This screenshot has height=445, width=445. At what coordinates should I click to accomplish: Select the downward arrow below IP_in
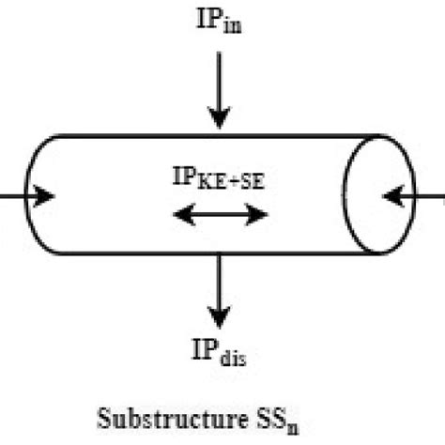click(x=219, y=89)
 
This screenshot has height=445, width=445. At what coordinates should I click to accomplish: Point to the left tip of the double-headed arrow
click(x=176, y=216)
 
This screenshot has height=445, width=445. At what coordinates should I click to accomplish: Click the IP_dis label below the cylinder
click(x=217, y=355)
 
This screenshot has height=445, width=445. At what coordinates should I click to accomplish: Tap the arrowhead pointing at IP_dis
click(x=219, y=317)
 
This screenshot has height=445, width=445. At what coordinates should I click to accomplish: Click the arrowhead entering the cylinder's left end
click(x=44, y=196)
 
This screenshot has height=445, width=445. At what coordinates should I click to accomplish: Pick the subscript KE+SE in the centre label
click(x=230, y=184)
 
